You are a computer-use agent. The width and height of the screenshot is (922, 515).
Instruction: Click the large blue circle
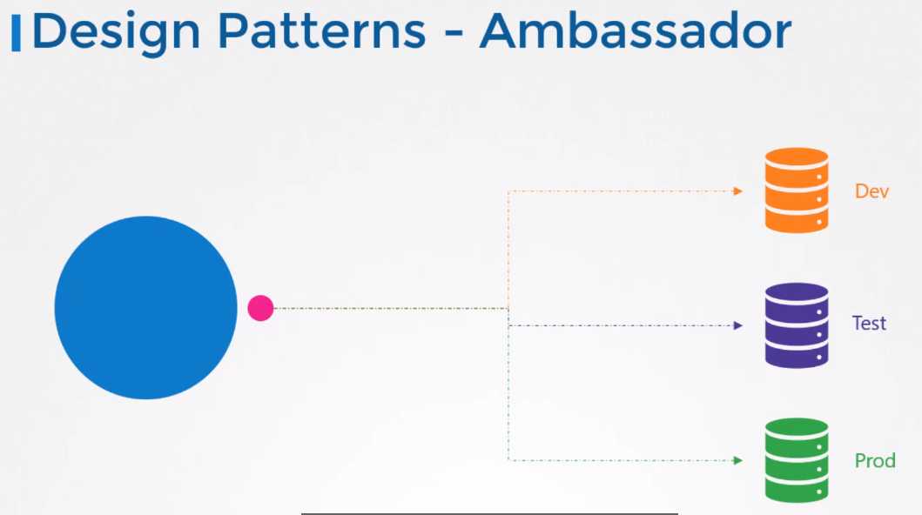145,307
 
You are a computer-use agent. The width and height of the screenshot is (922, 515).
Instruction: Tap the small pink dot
260,308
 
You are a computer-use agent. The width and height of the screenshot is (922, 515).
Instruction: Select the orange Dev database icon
796,191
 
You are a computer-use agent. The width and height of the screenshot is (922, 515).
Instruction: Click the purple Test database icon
796,325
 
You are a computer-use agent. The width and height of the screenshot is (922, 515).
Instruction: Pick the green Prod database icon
796,460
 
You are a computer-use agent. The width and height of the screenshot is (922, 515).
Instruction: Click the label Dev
872,191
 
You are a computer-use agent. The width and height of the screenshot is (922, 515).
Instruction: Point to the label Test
869,324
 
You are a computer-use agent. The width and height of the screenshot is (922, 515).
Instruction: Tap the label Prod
874,460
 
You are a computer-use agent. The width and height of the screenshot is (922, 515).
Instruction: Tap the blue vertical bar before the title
16,33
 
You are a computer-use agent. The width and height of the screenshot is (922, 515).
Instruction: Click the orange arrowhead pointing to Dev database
737,191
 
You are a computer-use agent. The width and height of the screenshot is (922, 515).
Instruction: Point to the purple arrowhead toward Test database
737,325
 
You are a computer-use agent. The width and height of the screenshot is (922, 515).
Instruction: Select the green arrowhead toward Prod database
737,460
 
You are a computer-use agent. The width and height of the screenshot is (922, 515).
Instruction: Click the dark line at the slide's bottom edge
488,513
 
